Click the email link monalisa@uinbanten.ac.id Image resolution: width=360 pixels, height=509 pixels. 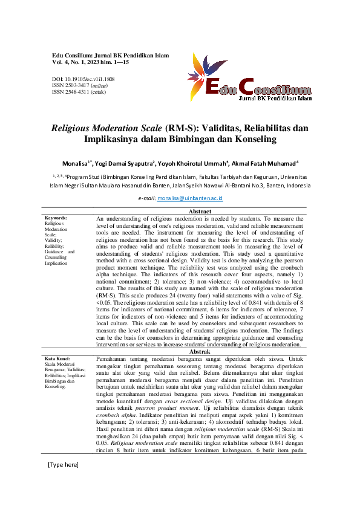coord(191,198)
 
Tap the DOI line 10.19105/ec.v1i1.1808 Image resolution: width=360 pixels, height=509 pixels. coord(83,79)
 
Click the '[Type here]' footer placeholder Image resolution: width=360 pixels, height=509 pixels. coord(63,482)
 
